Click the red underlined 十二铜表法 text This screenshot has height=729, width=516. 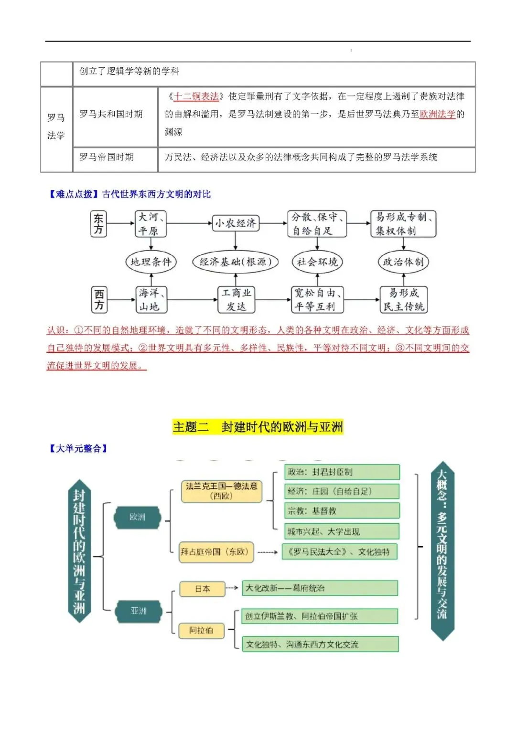point(196,96)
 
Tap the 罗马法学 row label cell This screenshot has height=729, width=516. point(56,127)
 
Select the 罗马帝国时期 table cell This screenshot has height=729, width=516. point(107,157)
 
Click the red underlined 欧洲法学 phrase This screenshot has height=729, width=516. point(437,114)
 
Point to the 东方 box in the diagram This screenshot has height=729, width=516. point(99,224)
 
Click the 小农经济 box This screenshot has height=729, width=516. point(236,223)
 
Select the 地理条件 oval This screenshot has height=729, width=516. point(151,262)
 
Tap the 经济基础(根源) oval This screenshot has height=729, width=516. point(235,262)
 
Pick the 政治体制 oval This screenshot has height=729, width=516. point(403,262)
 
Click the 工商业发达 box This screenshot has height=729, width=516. point(236,299)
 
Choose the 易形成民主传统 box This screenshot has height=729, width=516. point(403,299)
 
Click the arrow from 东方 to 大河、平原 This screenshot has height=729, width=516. point(121,223)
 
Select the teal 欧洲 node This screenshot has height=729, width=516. point(138,517)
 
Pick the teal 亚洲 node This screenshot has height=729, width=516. point(139,611)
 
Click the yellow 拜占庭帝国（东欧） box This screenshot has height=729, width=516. point(215,552)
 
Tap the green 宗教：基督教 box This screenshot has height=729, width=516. point(342,511)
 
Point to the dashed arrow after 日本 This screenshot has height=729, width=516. point(232,588)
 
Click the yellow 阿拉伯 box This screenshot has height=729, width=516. point(201,630)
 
